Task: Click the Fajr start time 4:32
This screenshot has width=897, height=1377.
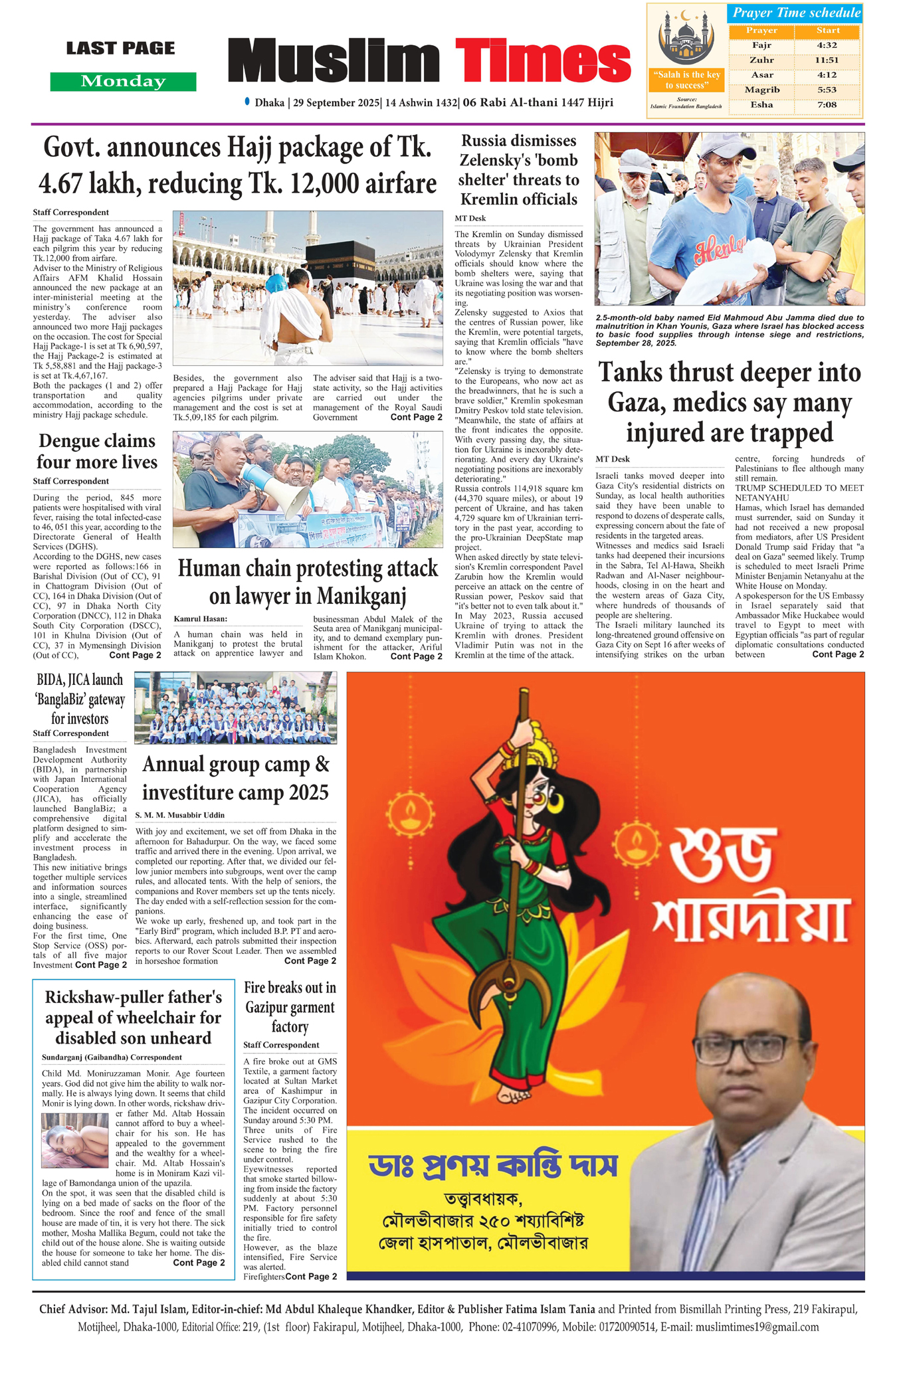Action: (x=827, y=45)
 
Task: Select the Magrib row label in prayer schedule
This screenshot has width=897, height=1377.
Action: (x=761, y=90)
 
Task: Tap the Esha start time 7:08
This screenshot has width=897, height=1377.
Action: (x=827, y=104)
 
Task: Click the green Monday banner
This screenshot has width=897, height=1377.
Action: (x=123, y=82)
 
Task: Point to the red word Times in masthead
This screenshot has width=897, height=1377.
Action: (x=542, y=60)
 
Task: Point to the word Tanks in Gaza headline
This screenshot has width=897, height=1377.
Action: (x=629, y=373)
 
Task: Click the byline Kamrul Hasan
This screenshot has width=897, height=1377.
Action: (x=200, y=619)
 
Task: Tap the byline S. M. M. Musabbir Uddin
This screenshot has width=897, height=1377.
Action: (x=179, y=815)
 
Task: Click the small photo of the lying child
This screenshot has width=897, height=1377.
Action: (x=74, y=1140)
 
